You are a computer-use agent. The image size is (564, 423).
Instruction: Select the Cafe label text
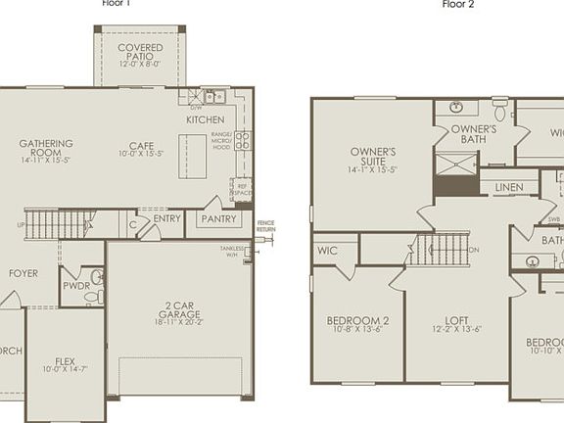pyautogui.click(x=142, y=149)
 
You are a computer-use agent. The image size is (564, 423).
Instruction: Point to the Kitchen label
pyautogui.click(x=206, y=119)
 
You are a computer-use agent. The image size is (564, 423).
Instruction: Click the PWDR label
pyautogui.click(x=76, y=286)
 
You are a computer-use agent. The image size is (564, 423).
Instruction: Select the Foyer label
pyautogui.click(x=23, y=273)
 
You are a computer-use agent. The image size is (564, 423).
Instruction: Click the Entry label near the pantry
pyautogui.click(x=167, y=219)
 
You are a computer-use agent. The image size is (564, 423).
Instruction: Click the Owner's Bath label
pyautogui.click(x=474, y=134)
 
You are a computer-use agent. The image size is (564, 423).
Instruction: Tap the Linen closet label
pyautogui.click(x=508, y=187)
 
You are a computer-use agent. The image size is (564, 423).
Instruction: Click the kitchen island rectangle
pyautogui.click(x=192, y=156)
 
